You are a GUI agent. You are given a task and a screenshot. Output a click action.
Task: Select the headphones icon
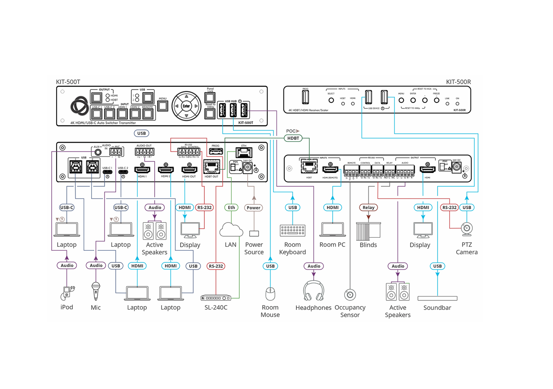pyautogui.click(x=314, y=290)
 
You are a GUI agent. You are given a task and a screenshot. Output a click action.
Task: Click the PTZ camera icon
pyautogui.click(x=467, y=229)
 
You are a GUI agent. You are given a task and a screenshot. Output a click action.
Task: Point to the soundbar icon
pyautogui.click(x=438, y=298)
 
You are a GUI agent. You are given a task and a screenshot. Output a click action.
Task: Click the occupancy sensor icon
pyautogui.click(x=350, y=295)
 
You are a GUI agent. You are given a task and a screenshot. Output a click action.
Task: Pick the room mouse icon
pyautogui.click(x=270, y=294)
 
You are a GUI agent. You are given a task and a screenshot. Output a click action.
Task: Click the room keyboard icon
pyautogui.click(x=292, y=230)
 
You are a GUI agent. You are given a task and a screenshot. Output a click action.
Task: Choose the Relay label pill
pyautogui.click(x=369, y=207)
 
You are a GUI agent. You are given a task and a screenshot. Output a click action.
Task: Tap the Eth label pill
pyautogui.click(x=232, y=207)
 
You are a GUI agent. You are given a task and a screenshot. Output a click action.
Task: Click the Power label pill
pyautogui.click(x=254, y=207)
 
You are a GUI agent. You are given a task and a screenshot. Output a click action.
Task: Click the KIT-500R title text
pyautogui.click(x=458, y=82)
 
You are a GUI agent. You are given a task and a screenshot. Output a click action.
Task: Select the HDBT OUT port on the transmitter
pyautogui.click(x=211, y=167)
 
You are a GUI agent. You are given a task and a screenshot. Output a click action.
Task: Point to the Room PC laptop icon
pyautogui.click(x=332, y=230)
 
